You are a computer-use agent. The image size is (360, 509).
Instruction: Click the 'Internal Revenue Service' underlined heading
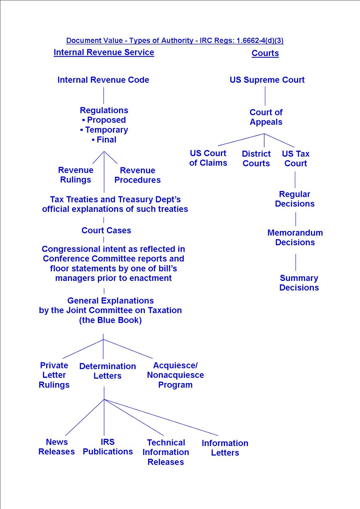pos(104,52)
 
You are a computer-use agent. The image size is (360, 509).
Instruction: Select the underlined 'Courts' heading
pos(265,53)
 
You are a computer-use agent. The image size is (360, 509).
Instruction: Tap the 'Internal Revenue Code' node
pos(103,80)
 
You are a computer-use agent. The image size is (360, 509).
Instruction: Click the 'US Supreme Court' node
pos(267,80)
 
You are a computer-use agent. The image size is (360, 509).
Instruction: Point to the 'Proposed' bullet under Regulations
pos(106,120)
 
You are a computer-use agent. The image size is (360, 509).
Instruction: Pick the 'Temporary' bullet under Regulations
pos(106,130)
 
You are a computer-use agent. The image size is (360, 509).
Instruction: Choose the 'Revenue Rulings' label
pos(76,175)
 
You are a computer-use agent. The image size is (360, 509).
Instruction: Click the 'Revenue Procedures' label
pos(138,175)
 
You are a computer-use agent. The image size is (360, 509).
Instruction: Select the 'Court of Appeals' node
pos(266,117)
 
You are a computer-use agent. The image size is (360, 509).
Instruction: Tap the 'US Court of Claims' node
pos(208,158)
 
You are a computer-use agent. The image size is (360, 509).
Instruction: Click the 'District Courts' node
pos(256,159)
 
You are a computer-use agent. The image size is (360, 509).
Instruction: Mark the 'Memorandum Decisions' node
pos(295,238)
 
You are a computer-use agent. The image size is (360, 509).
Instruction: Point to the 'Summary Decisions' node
pos(299,283)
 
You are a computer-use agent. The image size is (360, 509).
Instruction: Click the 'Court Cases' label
pos(106,230)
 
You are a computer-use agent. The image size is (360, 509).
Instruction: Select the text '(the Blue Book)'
pos(110,320)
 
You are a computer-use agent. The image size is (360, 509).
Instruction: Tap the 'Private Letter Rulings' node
pos(54,375)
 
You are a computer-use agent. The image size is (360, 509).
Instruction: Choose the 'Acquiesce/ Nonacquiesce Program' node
pos(175,375)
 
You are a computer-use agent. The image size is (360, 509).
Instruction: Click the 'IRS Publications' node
pos(108,447)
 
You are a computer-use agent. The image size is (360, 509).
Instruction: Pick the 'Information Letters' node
pos(225,448)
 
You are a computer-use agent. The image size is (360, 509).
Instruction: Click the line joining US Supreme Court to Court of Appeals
pos(265,95)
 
